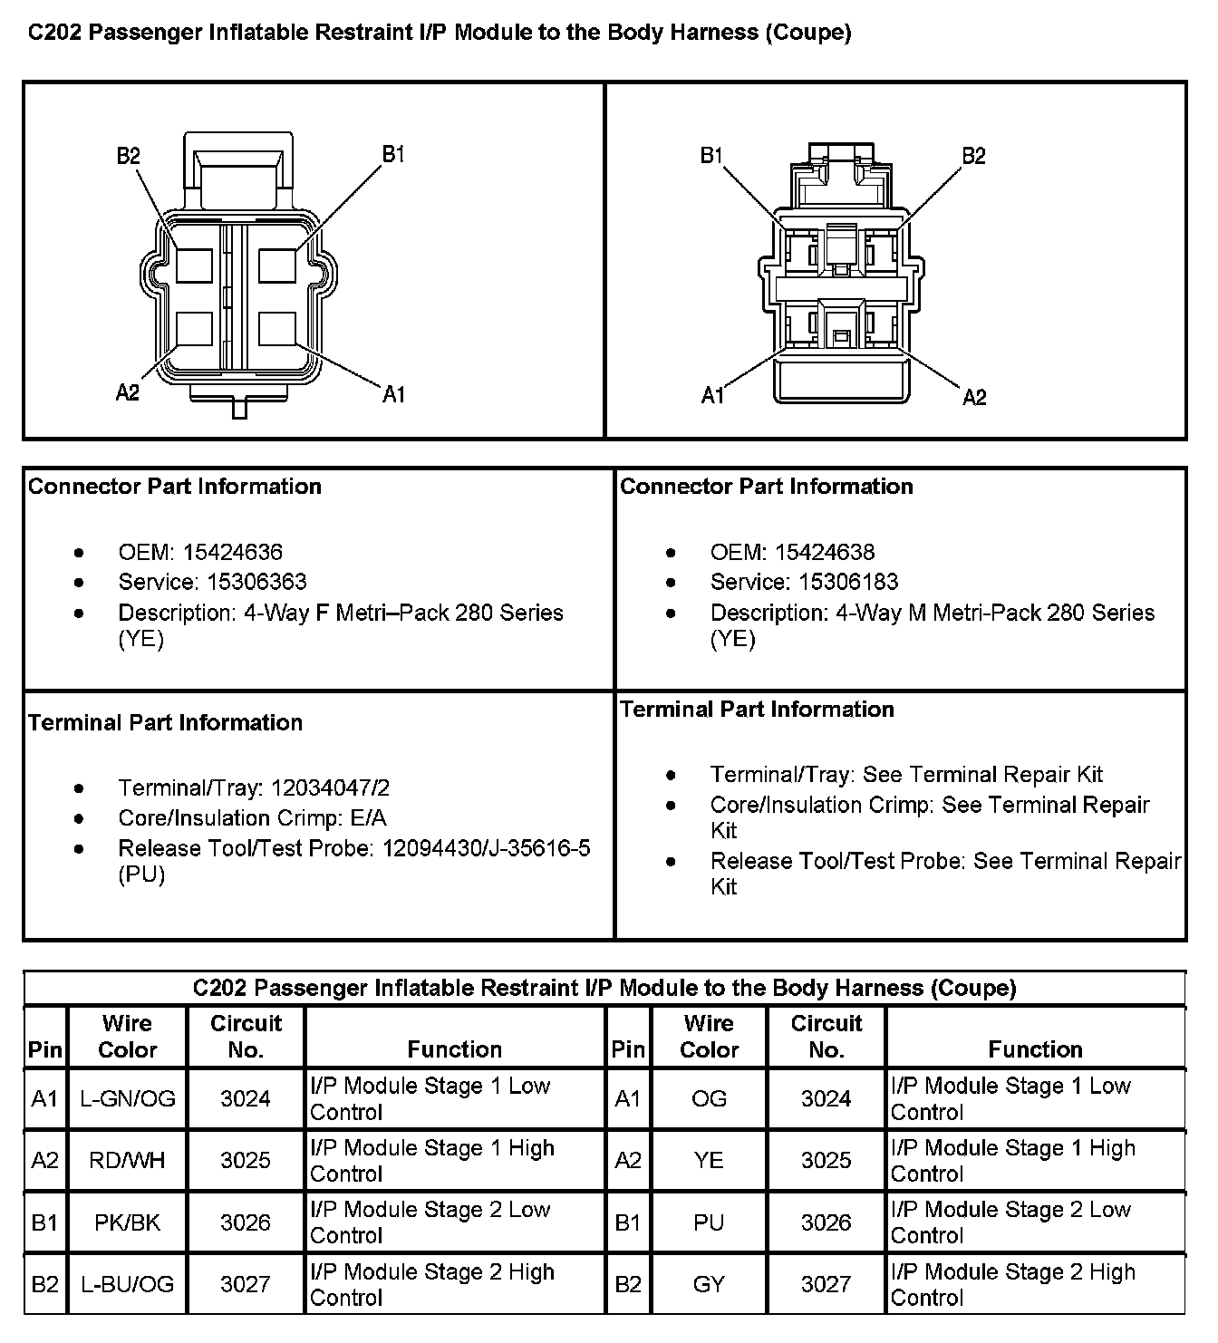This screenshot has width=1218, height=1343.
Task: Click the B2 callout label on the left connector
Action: pos(129,156)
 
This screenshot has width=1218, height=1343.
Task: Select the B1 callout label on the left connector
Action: pos(392,155)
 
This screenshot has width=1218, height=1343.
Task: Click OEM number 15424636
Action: pos(233,552)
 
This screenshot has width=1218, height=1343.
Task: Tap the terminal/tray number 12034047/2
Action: pos(331,788)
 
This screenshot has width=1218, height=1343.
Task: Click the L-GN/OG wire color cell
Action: pos(127,1098)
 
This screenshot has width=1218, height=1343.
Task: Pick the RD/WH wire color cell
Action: pos(127,1160)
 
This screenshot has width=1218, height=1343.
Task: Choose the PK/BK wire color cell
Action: pos(127,1222)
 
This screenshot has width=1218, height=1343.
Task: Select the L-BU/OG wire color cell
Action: pos(127,1284)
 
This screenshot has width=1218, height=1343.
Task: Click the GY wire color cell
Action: pos(709,1284)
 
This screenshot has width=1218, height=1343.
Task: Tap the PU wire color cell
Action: pos(709,1222)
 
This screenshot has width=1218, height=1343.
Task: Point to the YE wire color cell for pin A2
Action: pos(709,1160)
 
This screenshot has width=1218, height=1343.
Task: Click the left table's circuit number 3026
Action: pos(246,1222)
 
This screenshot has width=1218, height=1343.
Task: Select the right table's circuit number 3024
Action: pos(826,1098)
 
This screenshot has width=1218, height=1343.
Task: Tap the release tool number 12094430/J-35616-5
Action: pos(487,848)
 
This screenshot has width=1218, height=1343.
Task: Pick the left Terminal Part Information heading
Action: pos(165,722)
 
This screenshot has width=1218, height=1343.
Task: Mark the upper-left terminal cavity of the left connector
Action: pos(194,266)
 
